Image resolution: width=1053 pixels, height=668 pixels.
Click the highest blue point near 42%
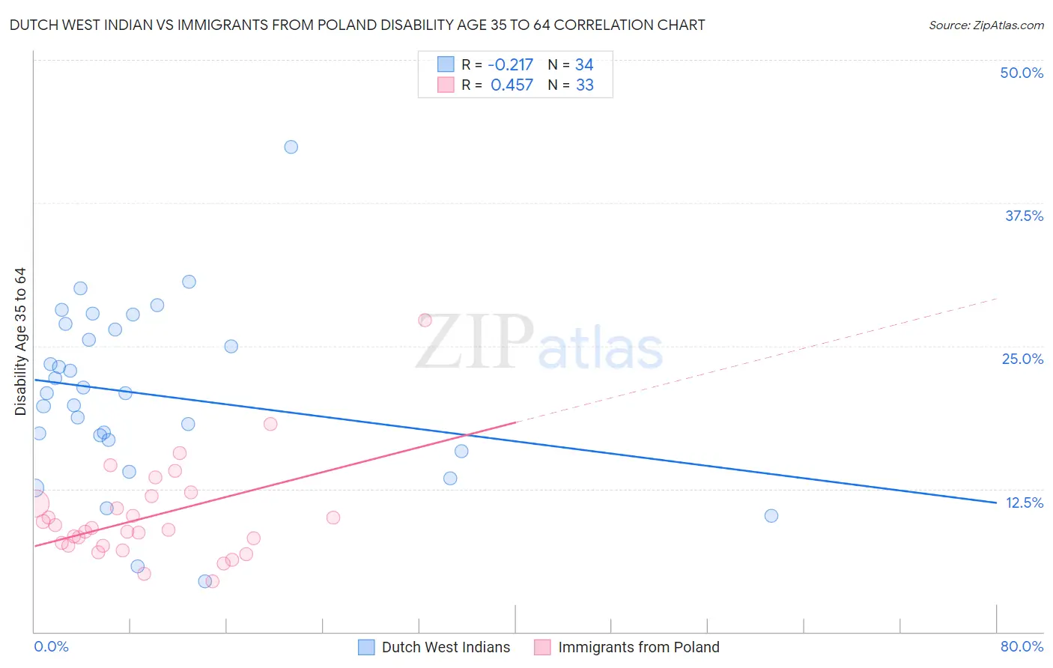pos(291,147)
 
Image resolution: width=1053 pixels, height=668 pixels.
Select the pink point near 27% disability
pos(425,320)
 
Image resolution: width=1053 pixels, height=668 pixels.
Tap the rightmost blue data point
pos(771,515)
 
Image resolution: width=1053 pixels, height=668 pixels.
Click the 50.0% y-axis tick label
pos(1022,73)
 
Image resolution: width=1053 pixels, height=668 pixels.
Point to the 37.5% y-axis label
pos(1024,216)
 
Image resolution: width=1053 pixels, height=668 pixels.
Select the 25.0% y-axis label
pos(1022,359)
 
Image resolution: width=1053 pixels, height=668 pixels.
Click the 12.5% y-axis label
pos(1024,502)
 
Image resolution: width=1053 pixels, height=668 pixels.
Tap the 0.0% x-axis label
pos(51,646)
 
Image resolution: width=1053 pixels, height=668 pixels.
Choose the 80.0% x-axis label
pos(1022,646)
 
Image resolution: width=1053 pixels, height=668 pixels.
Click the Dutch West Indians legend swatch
pos(366,647)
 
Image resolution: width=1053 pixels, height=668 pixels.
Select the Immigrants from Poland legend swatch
pos(542,647)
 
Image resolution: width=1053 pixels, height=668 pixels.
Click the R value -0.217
pos(510,64)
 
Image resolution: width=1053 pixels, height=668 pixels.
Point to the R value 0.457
pos(512,85)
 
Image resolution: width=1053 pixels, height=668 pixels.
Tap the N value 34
pos(584,64)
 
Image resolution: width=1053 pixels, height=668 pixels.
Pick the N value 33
pos(584,85)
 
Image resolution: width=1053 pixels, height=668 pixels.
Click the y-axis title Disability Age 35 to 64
pos(20,341)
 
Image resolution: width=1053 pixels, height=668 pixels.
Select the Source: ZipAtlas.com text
pos(986,25)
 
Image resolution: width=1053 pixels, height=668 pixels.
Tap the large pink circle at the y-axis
pos(34,504)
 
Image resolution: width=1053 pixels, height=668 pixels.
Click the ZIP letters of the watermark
pos(475,341)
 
